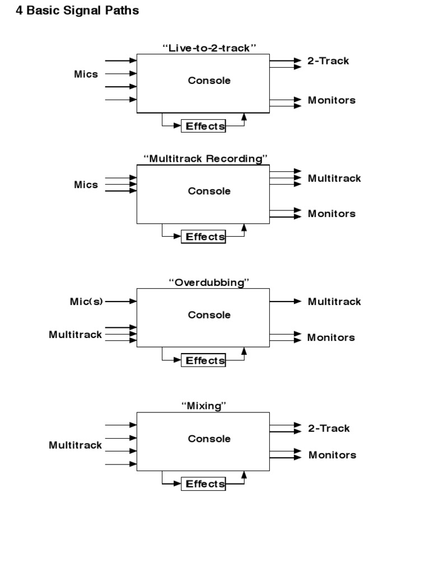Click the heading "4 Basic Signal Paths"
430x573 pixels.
point(77,11)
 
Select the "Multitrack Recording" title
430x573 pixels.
point(206,158)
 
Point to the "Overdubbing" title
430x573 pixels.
point(209,283)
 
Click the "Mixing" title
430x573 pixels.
point(204,406)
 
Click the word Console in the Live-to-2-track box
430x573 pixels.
point(209,81)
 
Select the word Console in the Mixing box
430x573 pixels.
point(209,439)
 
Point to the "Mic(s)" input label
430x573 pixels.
point(86,302)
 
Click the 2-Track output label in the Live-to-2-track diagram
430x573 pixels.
point(328,61)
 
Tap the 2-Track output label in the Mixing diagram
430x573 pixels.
point(329,428)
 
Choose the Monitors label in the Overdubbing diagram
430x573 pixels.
point(331,337)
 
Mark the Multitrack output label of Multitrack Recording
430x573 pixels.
point(334,179)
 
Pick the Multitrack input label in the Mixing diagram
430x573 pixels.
point(76,445)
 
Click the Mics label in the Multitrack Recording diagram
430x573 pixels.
point(86,185)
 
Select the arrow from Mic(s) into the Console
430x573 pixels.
point(121,301)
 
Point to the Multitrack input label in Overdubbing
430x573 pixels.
point(76,335)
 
